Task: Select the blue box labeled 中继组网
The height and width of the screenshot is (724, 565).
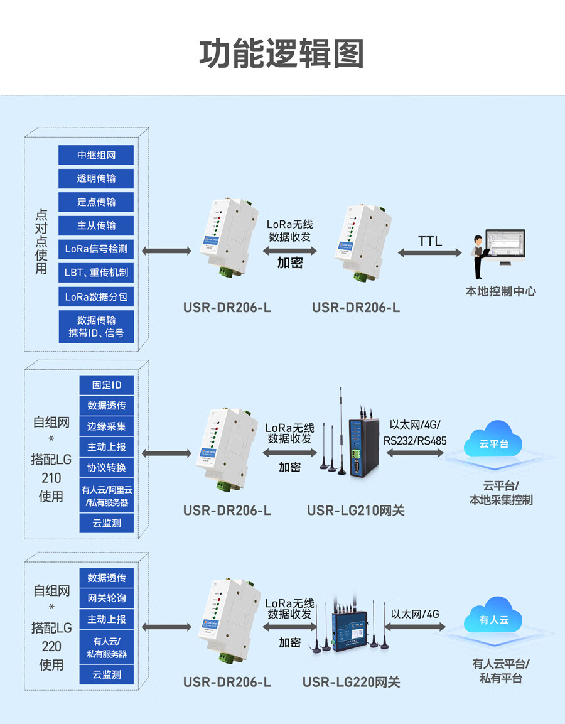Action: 96,155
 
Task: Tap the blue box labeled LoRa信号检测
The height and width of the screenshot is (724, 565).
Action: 96,249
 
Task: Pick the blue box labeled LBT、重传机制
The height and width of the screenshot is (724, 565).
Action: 96,273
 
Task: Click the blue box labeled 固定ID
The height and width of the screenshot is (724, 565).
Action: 107,385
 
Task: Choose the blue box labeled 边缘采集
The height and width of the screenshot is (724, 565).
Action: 107,426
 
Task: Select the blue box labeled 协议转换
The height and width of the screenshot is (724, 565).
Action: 107,468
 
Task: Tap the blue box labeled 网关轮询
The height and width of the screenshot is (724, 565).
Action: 107,598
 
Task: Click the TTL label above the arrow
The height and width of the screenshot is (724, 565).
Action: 430,241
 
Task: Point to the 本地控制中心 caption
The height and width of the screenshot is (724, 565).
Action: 500,291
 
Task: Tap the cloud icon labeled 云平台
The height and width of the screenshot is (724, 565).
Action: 493,440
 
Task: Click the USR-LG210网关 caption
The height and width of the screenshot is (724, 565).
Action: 355,511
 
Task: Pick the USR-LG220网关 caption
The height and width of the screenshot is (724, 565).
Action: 351,682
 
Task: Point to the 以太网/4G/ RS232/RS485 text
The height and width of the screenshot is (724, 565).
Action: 415,433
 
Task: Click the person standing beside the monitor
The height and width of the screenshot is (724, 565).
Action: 479,256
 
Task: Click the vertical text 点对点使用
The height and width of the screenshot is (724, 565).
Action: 41,241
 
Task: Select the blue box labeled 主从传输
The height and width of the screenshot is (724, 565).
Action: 96,225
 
